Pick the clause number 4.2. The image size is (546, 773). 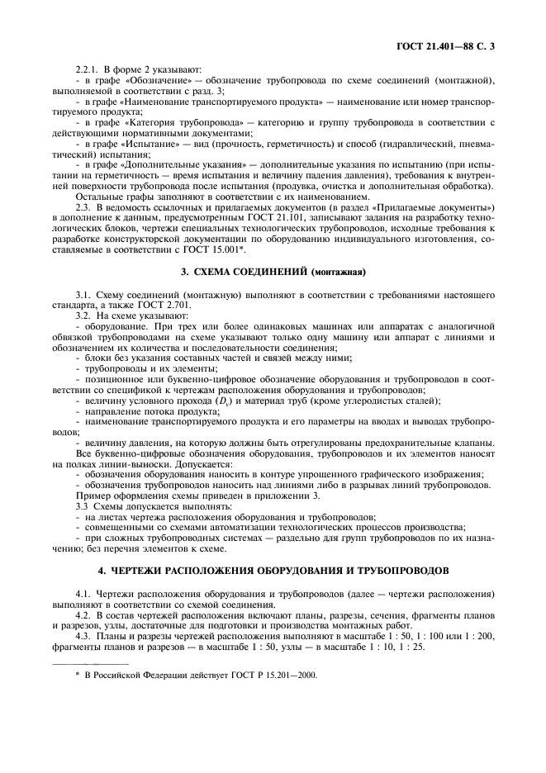click(83, 615)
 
